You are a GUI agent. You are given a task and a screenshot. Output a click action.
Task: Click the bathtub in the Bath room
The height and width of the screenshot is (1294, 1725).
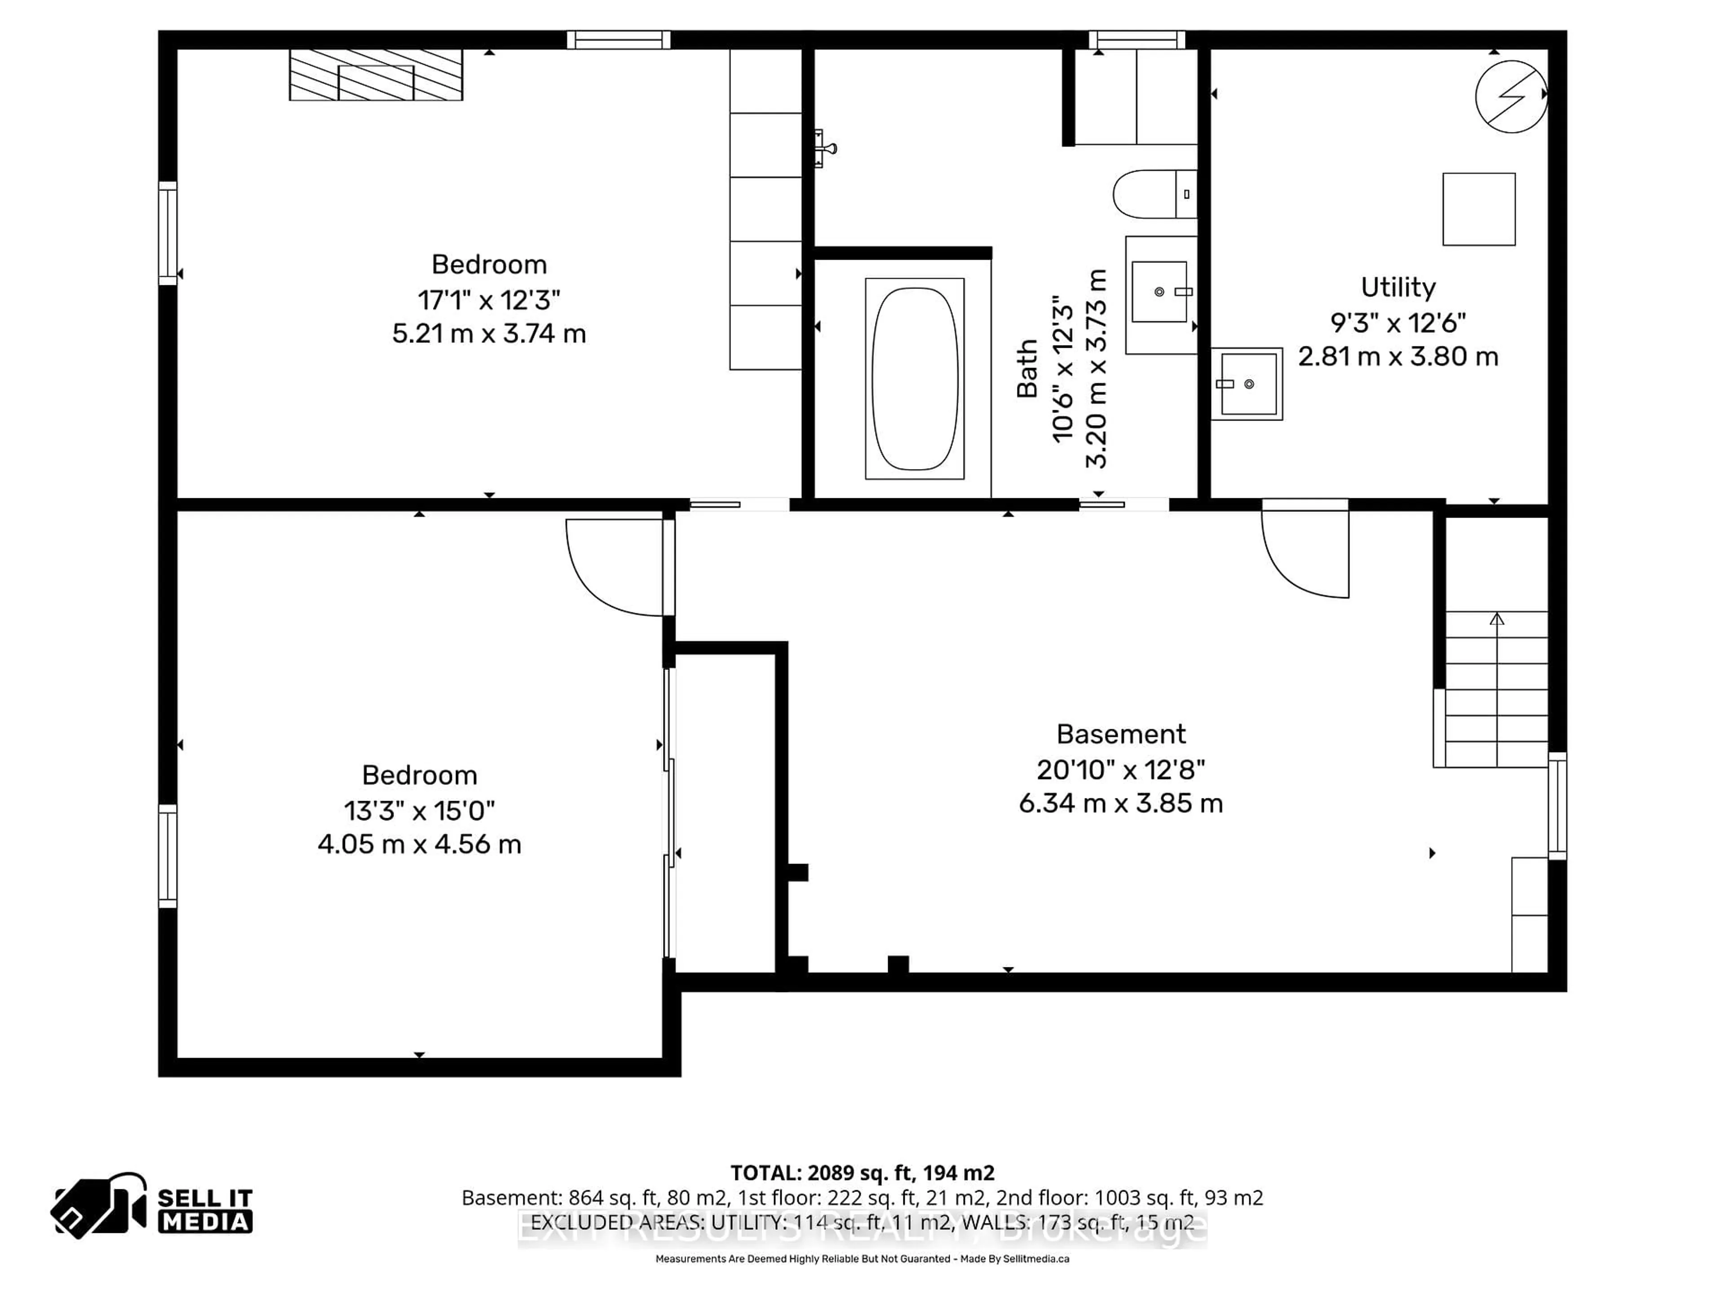(914, 379)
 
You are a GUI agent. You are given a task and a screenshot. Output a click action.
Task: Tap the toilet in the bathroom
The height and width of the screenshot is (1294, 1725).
(1153, 194)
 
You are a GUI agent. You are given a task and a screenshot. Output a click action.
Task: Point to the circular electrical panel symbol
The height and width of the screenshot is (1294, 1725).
(1511, 97)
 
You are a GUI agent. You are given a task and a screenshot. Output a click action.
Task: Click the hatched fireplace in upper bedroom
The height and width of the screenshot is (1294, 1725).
(376, 75)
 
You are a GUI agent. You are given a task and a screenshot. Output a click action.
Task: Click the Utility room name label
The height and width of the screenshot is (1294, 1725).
(1398, 288)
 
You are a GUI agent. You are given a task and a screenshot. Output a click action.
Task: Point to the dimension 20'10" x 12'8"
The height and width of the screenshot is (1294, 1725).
(1121, 770)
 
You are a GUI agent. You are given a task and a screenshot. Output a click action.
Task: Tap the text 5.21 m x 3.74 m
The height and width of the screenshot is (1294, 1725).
(489, 334)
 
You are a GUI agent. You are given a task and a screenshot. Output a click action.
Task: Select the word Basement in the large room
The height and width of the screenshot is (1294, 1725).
(1121, 734)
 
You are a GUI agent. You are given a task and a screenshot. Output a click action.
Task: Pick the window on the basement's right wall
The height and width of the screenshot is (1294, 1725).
(1557, 806)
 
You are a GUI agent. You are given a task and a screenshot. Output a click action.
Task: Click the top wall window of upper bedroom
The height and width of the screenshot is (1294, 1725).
(619, 40)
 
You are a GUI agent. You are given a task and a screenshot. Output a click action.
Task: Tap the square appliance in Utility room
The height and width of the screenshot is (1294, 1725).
(1478, 209)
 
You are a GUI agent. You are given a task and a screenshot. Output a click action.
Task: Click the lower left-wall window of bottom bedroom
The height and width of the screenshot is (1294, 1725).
(168, 855)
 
